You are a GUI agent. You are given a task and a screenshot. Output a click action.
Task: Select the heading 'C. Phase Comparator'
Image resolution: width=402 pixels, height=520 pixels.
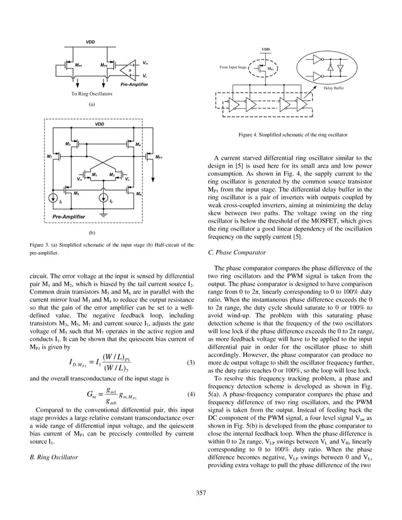(233, 252)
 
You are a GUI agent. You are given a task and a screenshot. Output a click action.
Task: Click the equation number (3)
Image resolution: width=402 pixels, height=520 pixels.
(190, 363)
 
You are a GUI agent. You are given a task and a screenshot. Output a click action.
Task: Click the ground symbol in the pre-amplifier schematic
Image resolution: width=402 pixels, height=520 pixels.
(101, 215)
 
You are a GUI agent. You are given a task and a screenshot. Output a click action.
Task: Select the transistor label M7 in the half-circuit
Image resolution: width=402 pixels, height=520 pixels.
(49, 155)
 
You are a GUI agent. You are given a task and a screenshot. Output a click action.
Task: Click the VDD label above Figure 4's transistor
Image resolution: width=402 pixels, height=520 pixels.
(265, 49)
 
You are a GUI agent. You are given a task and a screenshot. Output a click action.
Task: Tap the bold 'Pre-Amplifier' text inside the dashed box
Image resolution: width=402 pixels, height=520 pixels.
(69, 216)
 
